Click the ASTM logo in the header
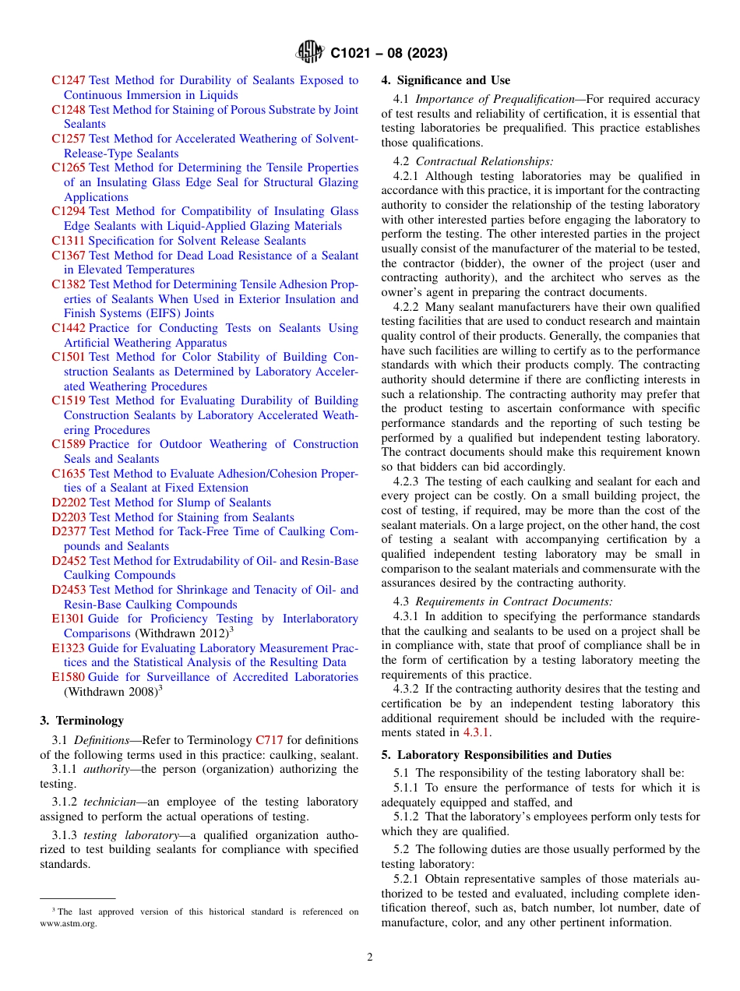[311, 53]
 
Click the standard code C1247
[69, 80]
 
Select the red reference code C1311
[69, 241]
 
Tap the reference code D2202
[69, 503]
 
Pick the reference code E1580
[69, 677]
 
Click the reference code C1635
[69, 474]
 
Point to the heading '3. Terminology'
[81, 721]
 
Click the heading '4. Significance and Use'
[446, 80]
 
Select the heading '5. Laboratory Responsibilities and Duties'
[496, 755]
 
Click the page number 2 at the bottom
[370, 957]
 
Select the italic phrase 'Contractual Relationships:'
[485, 161]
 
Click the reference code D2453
[69, 590]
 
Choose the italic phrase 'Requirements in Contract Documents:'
[514, 601]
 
